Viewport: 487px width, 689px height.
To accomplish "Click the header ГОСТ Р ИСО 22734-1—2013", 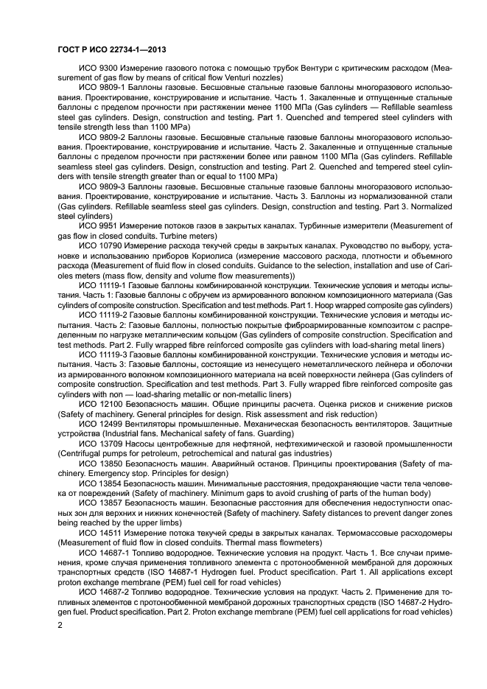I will [111, 49].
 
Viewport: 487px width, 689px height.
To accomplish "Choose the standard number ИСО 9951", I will [95, 225].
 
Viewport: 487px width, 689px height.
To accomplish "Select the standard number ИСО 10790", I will [98, 244].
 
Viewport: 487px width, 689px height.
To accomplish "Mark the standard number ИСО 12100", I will [98, 405].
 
